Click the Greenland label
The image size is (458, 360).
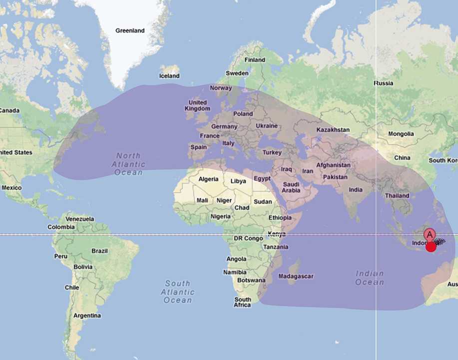coord(130,30)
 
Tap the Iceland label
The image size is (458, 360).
coord(169,76)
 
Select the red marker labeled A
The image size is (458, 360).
coord(430,234)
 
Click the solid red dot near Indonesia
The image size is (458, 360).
coord(431,246)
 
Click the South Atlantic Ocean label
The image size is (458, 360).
coord(178,292)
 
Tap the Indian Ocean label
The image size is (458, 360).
coord(370,278)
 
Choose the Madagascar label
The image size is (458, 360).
coord(296,276)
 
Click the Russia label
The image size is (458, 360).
coord(384,83)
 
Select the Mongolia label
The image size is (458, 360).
coord(401,134)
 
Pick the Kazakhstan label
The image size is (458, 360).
coord(333,130)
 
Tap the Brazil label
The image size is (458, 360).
coord(99,250)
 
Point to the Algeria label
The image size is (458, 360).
coord(208,179)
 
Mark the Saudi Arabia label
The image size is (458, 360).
coord(291,187)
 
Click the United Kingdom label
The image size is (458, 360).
coord(197,105)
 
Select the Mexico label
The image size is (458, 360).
coord(11,187)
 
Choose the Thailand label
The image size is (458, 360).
coord(397,196)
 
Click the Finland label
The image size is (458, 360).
coord(255,60)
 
